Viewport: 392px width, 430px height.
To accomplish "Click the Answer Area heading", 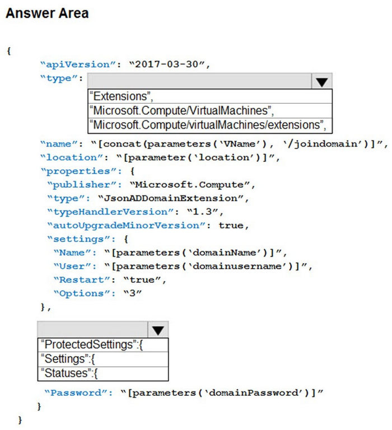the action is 47,13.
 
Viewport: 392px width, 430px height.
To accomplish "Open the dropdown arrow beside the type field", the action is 321,81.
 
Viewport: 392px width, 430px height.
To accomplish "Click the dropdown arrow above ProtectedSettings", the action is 158,330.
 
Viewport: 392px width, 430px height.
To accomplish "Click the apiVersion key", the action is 78,64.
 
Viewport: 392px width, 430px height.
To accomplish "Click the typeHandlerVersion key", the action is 110,212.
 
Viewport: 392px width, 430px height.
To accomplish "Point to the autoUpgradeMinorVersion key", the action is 126,226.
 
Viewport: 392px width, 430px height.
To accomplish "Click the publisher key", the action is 81,185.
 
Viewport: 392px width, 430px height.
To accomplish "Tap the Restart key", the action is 82,280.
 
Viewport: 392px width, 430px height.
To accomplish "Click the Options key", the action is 81,293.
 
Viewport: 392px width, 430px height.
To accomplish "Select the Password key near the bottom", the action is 76,392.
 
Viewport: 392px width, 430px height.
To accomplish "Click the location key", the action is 72,157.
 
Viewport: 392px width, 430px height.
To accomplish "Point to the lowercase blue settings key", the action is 78,239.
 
